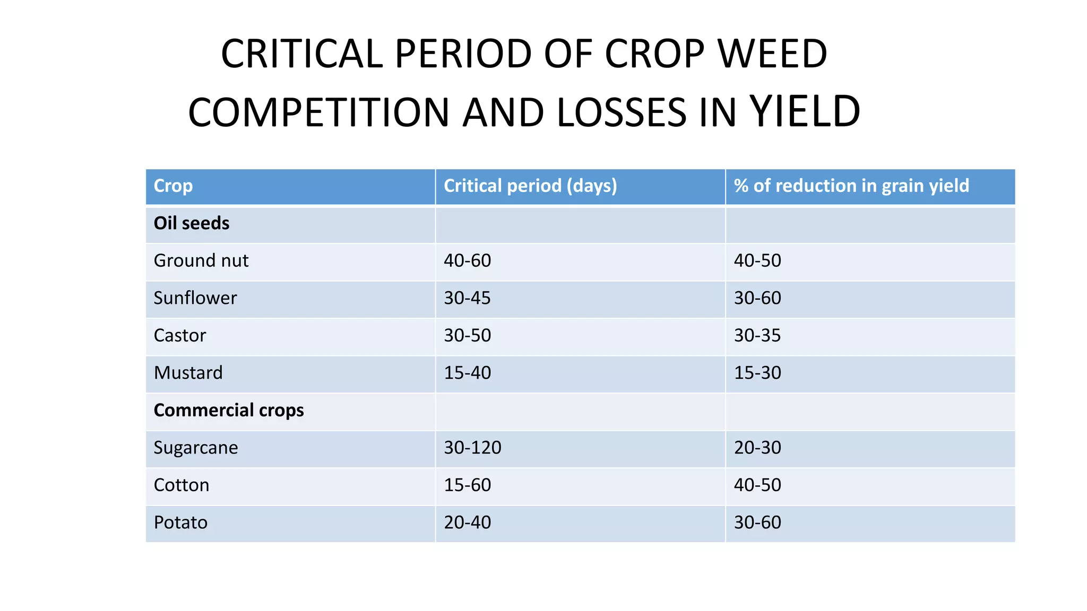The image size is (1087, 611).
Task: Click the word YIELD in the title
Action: tap(805, 112)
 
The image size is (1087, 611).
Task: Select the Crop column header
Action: tap(173, 186)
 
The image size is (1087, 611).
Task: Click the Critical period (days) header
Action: tap(530, 186)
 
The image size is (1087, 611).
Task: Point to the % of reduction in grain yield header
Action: tap(851, 186)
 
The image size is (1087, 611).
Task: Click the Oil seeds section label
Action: tap(192, 223)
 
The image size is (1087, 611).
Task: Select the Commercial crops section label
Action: tap(229, 411)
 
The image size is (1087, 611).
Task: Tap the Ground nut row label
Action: tap(201, 261)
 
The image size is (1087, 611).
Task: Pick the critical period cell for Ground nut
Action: tap(468, 261)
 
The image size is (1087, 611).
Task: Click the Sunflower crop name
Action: tap(195, 298)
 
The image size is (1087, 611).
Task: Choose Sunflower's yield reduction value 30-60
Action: tap(757, 298)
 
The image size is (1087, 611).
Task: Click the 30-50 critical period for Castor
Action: tap(468, 336)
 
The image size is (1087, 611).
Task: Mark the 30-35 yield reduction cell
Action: tap(757, 336)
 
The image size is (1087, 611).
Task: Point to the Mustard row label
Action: tap(188, 373)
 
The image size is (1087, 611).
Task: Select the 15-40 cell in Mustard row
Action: tap(468, 373)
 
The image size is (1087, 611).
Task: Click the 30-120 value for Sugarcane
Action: tap(472, 448)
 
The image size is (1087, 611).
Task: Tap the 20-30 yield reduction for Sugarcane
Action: tap(757, 448)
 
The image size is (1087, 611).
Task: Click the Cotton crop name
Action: tap(182, 485)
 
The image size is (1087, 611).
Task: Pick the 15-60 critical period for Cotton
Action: tap(468, 485)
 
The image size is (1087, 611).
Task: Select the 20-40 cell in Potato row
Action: tap(468, 522)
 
